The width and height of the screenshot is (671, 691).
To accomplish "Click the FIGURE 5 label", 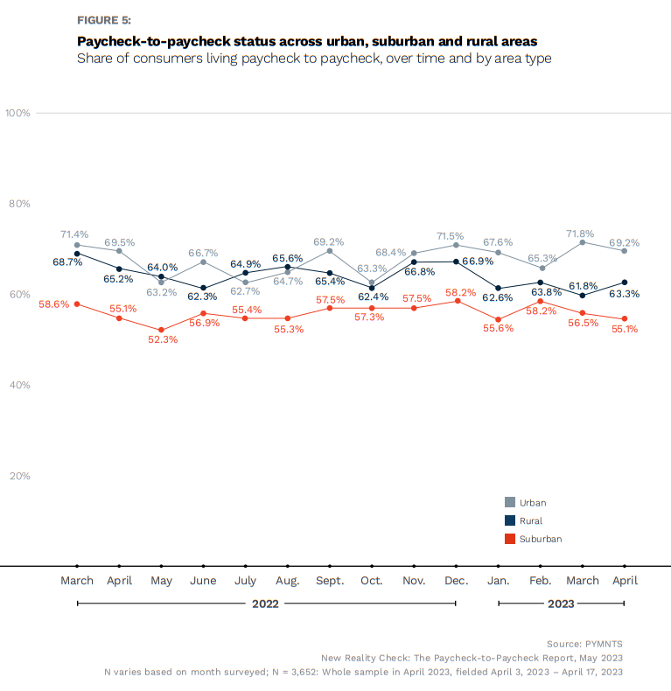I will coord(104,19).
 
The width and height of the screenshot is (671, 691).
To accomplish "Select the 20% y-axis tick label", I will coord(20,476).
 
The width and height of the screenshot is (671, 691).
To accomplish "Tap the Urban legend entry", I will coord(532,502).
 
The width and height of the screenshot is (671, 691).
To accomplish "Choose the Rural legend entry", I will coord(530,520).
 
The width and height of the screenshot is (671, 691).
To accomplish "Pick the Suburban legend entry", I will coord(540,539).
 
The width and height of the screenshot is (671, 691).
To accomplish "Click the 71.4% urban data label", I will coord(74,234).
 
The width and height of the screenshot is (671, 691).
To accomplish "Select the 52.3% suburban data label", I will coord(163,339).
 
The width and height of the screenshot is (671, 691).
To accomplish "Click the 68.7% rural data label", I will coord(67,262).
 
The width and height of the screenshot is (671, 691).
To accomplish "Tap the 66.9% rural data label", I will coord(476,262).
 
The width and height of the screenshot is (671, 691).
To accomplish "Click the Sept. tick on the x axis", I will coord(330,581).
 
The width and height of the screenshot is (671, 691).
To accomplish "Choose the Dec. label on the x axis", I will coord(456,581).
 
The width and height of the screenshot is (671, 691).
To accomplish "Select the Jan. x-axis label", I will coord(498,581).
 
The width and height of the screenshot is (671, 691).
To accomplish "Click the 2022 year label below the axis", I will coord(265,604).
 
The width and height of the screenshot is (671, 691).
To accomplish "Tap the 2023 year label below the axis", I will coord(561,604).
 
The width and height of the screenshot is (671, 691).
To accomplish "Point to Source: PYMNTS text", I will coord(585,643).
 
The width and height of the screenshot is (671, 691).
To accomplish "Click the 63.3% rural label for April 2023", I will coord(624,294).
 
